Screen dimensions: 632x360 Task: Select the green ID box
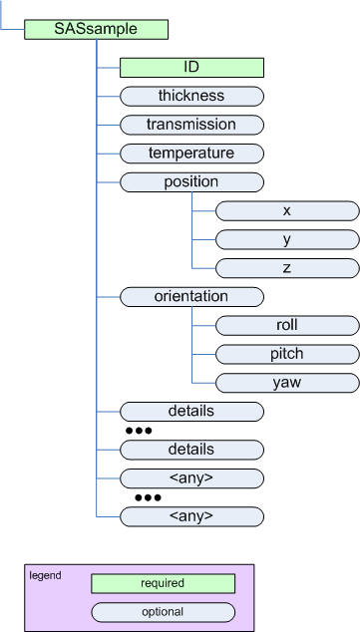(191, 68)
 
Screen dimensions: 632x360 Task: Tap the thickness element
(191, 97)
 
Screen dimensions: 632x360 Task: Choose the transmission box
(191, 126)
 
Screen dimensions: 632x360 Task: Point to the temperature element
(191, 155)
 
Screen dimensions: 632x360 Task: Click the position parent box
(191, 183)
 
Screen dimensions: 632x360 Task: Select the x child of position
(287, 211)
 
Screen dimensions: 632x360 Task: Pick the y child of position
(287, 240)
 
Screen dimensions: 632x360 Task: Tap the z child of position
(287, 268)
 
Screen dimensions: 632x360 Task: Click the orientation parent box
(191, 297)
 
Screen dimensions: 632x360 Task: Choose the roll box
(287, 326)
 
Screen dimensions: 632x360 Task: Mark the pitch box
(287, 354)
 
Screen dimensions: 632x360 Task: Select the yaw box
(287, 383)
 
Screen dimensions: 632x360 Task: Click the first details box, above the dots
(191, 412)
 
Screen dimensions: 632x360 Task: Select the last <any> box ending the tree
(191, 516)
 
